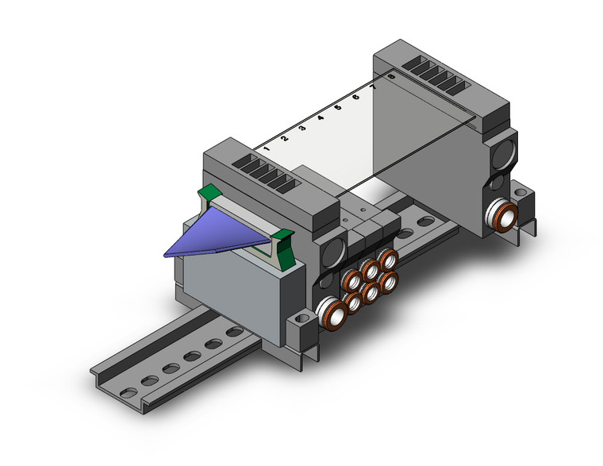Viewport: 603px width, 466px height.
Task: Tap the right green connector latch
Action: [x=284, y=236]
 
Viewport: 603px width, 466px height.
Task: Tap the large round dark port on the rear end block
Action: [x=504, y=151]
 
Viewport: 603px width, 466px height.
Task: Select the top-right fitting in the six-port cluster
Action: [x=388, y=260]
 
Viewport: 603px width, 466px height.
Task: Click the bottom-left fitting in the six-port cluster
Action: [x=352, y=302]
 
